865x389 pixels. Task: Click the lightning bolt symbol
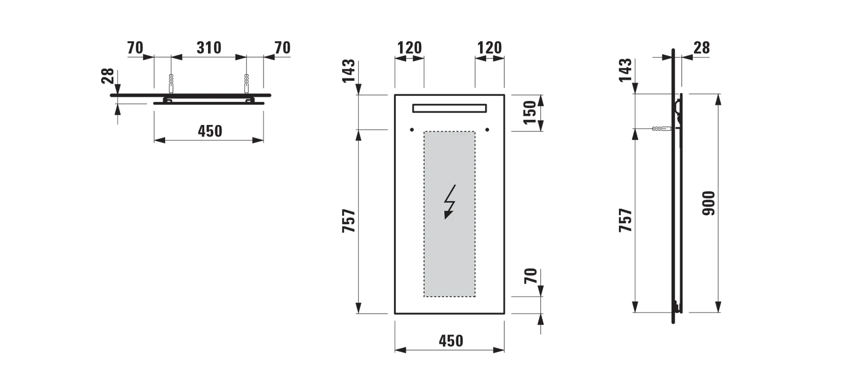(449, 202)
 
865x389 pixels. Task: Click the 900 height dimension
(708, 203)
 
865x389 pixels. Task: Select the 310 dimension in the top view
(209, 48)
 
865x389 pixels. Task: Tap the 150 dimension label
(530, 112)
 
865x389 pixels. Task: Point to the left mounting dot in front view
(412, 130)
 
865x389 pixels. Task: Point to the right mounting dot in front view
(487, 130)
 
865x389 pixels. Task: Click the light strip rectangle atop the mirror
(449, 108)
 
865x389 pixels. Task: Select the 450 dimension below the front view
(451, 341)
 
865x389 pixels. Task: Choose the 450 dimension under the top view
(210, 131)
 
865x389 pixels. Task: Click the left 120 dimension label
(409, 48)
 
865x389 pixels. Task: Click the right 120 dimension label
(489, 48)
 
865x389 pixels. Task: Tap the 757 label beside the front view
(349, 220)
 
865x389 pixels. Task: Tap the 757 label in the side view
(625, 220)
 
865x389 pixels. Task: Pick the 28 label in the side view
(702, 48)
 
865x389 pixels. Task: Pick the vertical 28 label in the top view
(108, 76)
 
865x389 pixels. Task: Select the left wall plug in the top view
(171, 83)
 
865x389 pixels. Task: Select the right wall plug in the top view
(247, 83)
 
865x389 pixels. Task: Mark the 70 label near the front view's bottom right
(530, 276)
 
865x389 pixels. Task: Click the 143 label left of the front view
(349, 70)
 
